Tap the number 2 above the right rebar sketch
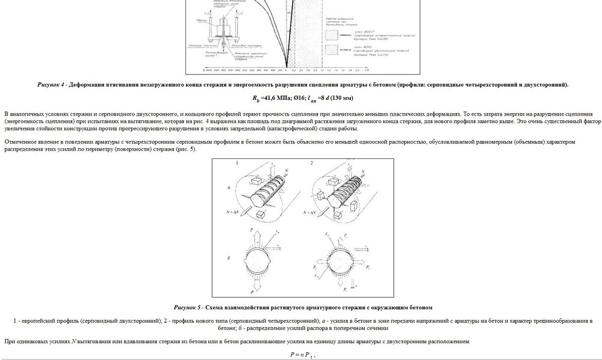pos(311,163)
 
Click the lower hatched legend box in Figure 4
pos(331,51)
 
